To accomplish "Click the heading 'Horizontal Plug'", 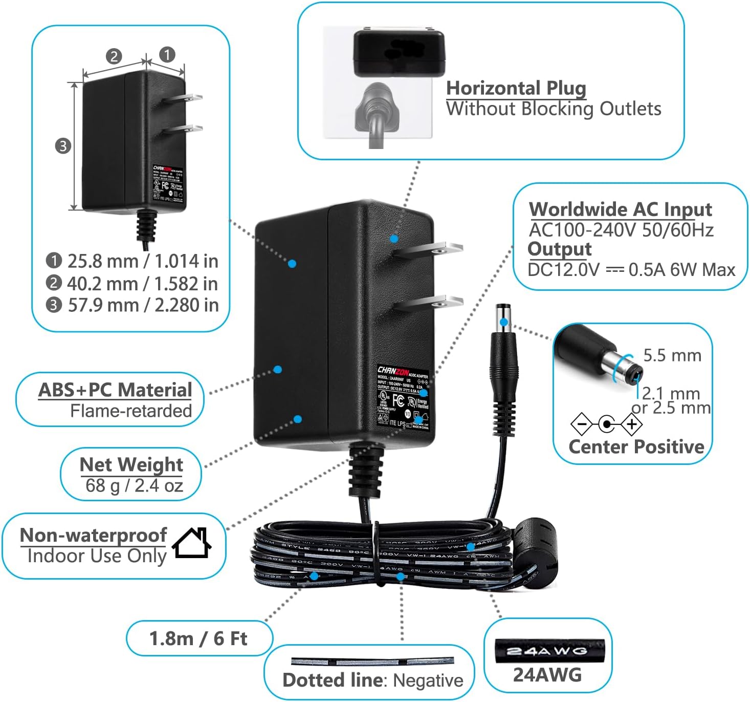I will [516, 88].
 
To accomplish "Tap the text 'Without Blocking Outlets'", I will [554, 109].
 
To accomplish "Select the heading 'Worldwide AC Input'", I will [621, 209].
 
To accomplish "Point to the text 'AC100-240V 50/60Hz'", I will [621, 230].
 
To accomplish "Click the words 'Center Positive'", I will [636, 446].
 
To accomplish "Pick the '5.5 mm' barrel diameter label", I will [672, 355].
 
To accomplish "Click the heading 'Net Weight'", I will [131, 464].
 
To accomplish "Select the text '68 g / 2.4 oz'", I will [134, 485].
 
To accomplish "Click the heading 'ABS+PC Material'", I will [115, 390].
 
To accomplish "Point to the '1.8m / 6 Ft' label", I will [198, 639].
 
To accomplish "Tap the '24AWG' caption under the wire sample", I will [547, 675].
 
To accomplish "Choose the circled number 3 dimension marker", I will [62, 146].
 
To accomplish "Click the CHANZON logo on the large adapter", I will [392, 370].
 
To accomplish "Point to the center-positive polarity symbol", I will [606, 424].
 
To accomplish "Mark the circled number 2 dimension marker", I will [114, 56].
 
